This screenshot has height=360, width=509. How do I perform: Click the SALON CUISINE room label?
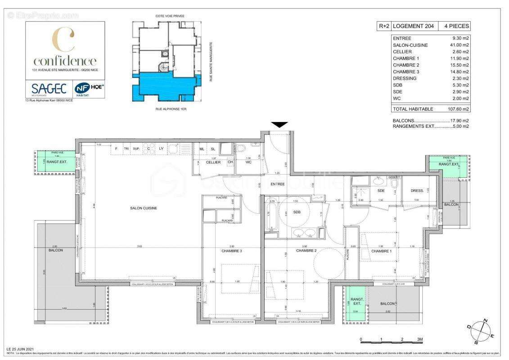tap(144, 208)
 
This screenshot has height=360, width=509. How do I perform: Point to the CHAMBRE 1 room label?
tap(381, 251)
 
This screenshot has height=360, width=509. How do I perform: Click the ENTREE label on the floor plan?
tap(277, 184)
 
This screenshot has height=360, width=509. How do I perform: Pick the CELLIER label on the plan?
tap(213, 162)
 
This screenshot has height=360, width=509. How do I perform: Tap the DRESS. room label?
tap(417, 191)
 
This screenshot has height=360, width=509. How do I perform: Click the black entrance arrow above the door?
tap(279, 125)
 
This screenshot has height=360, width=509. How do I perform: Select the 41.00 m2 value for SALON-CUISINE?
tap(459, 45)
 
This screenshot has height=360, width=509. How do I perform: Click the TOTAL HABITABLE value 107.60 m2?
tap(459, 109)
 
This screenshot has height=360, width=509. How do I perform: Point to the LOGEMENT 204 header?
tap(414, 26)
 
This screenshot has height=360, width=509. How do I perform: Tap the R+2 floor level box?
tap(384, 26)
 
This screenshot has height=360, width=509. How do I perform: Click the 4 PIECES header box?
tap(457, 26)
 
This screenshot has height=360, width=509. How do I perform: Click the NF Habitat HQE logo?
tap(89, 88)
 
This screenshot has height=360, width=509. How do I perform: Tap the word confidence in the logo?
tap(65, 61)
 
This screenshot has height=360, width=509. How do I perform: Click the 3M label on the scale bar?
tap(419, 339)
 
